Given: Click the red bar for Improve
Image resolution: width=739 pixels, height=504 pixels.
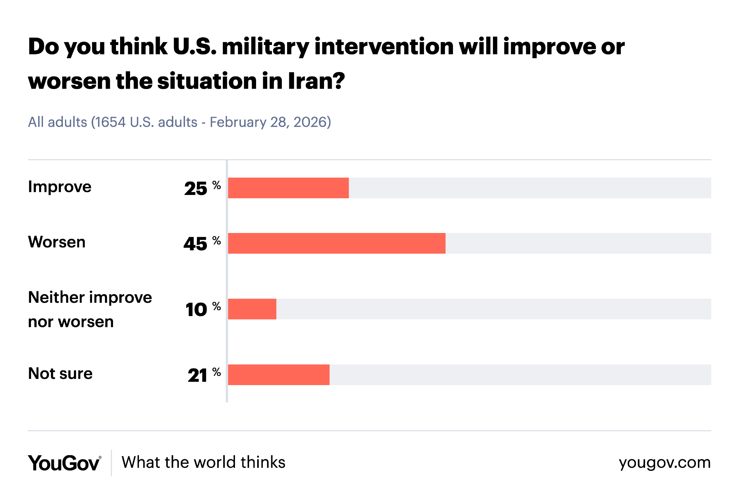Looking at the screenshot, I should coord(288,188).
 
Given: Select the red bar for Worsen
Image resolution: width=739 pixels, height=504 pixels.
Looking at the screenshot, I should coord(337,243).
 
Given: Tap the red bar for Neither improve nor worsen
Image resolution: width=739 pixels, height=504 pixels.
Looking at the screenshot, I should coord(252,309).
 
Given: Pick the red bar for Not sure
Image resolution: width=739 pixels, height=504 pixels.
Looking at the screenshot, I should coord(279,375).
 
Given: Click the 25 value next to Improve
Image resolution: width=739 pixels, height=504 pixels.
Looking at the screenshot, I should coord(196,189).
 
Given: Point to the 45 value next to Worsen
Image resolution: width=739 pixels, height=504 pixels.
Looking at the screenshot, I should coord(195,244).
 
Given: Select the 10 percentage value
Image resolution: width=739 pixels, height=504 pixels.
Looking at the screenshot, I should coord(196,310).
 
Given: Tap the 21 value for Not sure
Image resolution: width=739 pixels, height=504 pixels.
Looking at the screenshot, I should coord(197,376).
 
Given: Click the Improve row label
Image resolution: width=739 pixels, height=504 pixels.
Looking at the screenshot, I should coord(59,187).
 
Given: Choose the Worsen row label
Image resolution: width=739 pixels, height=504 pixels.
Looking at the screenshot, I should coord(57,242).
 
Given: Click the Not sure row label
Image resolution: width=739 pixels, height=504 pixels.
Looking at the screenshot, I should coord(60,374).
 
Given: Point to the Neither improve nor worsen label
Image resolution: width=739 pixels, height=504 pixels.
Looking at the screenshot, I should coord(90,309).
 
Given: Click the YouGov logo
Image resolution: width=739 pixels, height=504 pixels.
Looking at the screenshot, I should coord(64,463).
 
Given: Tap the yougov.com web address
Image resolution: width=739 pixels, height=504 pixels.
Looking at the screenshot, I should coord(664,463).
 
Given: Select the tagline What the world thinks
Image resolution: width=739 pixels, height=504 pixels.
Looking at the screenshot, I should coord(204,463).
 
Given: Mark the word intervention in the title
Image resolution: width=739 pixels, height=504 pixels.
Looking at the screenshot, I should coord(384,47).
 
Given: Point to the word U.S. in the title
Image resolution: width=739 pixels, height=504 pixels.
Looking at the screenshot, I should coord(194,47).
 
